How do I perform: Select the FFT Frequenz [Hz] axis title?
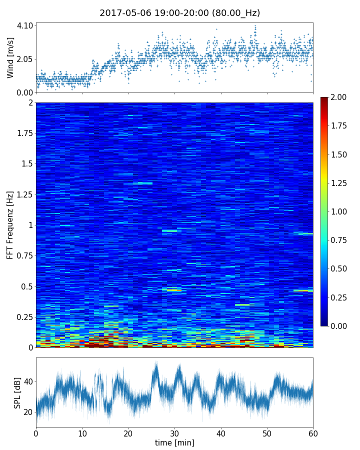pyautogui.click(x=10, y=225)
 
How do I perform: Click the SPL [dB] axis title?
pyautogui.click(x=17, y=392)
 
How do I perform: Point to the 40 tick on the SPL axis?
pyautogui.click(x=28, y=382)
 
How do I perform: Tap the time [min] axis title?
pyautogui.click(x=174, y=442)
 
